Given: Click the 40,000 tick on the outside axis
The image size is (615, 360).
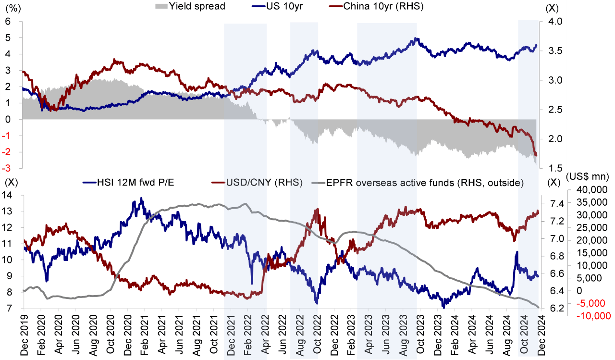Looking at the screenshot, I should (x=585, y=188).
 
